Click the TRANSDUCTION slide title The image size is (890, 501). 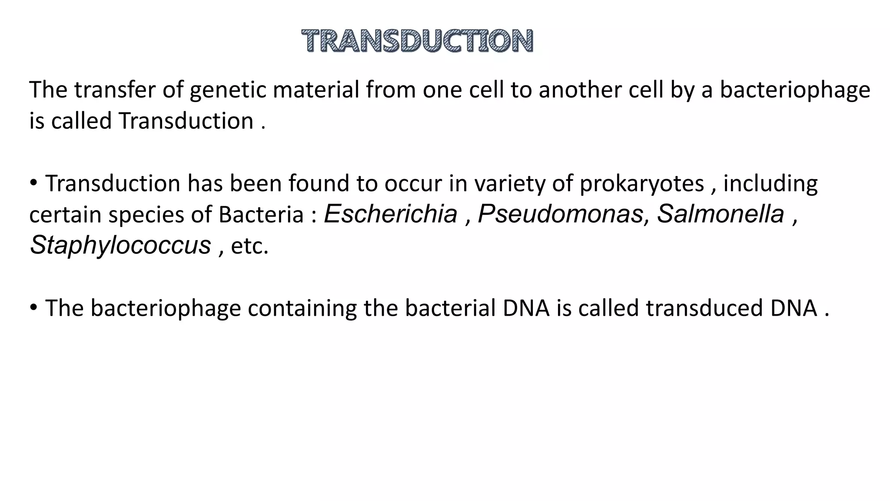417,41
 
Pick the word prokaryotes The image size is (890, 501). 641,184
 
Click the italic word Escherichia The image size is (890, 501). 391,214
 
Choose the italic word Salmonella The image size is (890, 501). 720,214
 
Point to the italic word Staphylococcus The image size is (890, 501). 120,245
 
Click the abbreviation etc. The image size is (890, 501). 249,246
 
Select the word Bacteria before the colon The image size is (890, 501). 261,215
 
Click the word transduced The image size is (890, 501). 704,308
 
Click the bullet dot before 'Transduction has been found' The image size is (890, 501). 34,183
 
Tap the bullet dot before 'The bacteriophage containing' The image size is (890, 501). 34,308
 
